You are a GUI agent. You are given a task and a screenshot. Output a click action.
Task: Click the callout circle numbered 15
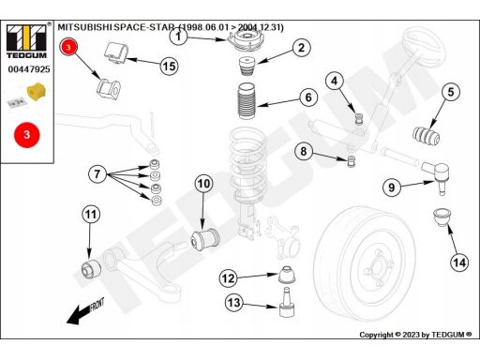[x=169, y=67]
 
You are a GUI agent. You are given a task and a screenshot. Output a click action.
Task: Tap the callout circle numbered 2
[x=302, y=48]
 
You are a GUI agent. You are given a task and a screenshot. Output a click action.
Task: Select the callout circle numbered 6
[x=308, y=97]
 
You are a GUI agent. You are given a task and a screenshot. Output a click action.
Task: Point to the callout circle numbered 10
[x=203, y=184]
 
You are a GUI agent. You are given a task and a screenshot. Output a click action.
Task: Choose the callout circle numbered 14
[x=459, y=262]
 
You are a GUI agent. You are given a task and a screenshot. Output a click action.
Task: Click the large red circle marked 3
[x=27, y=135]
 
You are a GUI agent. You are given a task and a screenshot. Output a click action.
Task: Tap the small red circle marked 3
[x=68, y=47]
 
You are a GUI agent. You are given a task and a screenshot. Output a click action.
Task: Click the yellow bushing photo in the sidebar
[x=37, y=91]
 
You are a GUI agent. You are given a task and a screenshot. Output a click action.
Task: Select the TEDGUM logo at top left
[x=26, y=41]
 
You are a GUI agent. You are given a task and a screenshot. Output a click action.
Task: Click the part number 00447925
[x=29, y=69]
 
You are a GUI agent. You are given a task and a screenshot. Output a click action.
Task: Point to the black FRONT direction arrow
[x=85, y=311]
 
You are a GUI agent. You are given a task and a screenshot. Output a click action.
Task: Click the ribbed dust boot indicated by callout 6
[x=247, y=101]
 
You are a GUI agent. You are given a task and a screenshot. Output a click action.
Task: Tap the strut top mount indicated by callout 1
[x=246, y=41]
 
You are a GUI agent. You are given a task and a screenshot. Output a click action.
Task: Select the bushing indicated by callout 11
[x=91, y=268]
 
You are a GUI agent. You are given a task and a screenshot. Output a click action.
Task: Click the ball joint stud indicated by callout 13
[x=287, y=302]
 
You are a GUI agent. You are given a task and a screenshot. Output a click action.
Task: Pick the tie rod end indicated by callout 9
[x=436, y=176]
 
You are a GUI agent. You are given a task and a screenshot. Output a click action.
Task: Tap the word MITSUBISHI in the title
[x=84, y=27]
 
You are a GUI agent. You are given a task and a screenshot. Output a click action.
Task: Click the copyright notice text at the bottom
[x=415, y=335]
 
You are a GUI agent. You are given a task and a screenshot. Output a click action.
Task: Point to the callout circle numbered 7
[x=97, y=173]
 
